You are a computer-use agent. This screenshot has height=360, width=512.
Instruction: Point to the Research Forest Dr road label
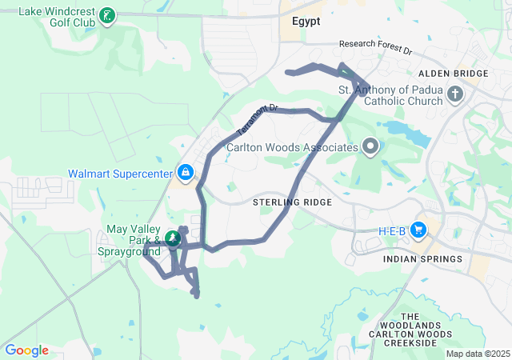coord(374,47)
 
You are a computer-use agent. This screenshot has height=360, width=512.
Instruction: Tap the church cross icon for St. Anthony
coord(455,96)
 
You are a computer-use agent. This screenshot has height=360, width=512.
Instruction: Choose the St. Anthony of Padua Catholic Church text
coord(390,95)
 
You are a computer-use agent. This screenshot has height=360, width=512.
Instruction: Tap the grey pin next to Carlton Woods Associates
coord(370,146)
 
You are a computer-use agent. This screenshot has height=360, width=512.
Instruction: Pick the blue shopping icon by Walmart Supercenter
coord(185,172)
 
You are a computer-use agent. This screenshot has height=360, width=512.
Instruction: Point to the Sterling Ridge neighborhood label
coord(292,202)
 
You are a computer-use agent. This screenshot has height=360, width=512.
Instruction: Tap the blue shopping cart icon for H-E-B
coord(418,230)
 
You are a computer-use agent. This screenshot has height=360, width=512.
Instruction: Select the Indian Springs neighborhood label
coord(422,259)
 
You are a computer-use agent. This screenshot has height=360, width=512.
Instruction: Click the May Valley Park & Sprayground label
coord(134,239)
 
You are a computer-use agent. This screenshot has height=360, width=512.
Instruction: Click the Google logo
coord(26,350)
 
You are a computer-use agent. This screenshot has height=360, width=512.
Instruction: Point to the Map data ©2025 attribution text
coord(477,354)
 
